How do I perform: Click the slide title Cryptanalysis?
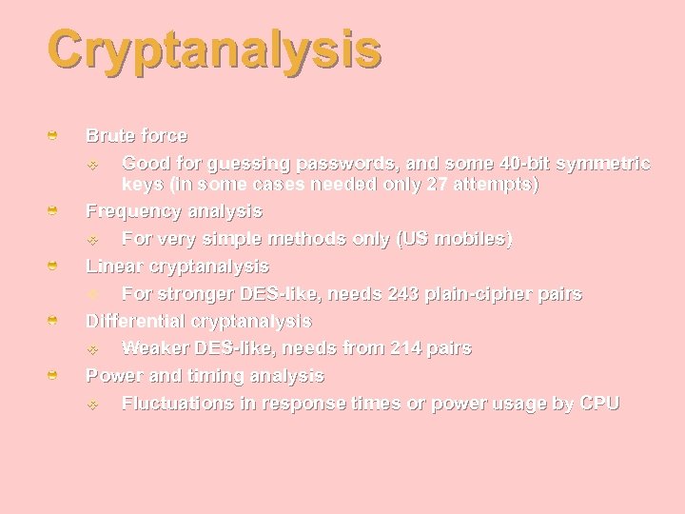[214, 49]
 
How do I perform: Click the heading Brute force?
[136, 136]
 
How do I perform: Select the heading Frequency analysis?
[174, 210]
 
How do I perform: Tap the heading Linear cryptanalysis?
[177, 267]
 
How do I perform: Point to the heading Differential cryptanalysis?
[199, 322]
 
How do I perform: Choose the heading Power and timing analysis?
[205, 376]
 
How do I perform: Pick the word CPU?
[599, 404]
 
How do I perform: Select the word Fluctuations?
[177, 404]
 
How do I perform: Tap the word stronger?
[191, 294]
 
